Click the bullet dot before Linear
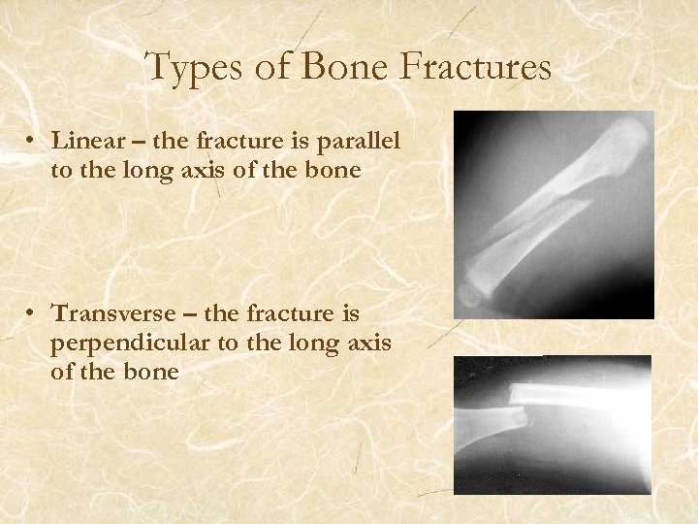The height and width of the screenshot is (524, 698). (33, 142)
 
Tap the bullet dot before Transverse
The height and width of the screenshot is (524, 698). (33, 314)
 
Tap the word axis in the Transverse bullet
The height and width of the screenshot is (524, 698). (364, 343)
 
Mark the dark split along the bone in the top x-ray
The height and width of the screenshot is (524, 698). (543, 219)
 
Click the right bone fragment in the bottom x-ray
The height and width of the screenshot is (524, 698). (582, 393)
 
